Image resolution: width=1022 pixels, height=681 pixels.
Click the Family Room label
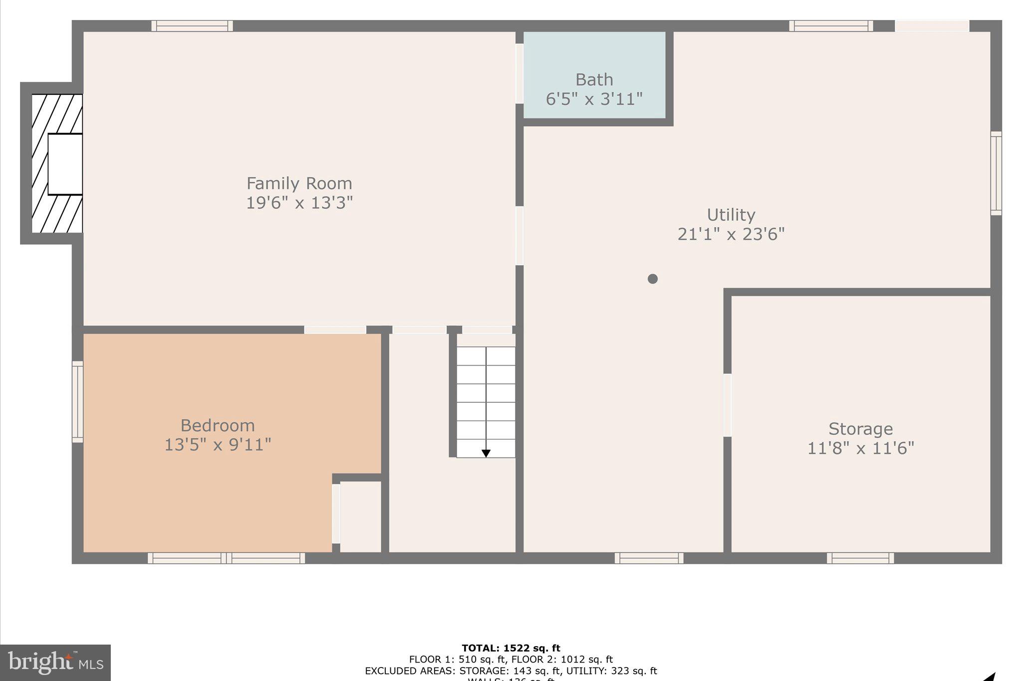click(x=299, y=184)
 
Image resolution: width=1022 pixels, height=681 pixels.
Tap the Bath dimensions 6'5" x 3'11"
click(x=594, y=99)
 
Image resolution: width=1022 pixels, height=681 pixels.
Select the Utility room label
click(x=731, y=215)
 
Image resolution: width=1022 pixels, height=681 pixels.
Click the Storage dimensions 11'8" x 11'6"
click(x=861, y=448)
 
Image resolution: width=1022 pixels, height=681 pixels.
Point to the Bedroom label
click(x=218, y=426)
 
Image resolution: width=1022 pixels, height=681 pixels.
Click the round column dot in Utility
click(x=653, y=279)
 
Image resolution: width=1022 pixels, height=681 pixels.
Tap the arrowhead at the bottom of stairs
click(x=486, y=453)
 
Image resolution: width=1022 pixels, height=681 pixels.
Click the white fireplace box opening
click(x=65, y=164)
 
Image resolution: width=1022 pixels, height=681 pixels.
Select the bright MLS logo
click(x=55, y=663)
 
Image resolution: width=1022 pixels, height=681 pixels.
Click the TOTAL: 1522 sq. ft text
click(x=511, y=648)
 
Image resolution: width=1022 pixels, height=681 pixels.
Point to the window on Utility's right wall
click(x=996, y=173)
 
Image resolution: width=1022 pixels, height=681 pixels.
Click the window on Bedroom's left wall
click(x=77, y=402)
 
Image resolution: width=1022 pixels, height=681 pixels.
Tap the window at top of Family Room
click(x=192, y=26)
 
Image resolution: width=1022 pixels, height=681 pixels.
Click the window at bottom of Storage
click(x=860, y=558)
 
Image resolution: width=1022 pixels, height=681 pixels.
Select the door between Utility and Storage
click(x=728, y=405)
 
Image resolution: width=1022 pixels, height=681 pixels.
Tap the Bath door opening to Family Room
click(x=519, y=74)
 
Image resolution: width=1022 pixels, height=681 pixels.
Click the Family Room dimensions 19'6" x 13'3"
click(x=299, y=203)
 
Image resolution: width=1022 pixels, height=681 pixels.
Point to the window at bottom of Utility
click(x=649, y=558)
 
